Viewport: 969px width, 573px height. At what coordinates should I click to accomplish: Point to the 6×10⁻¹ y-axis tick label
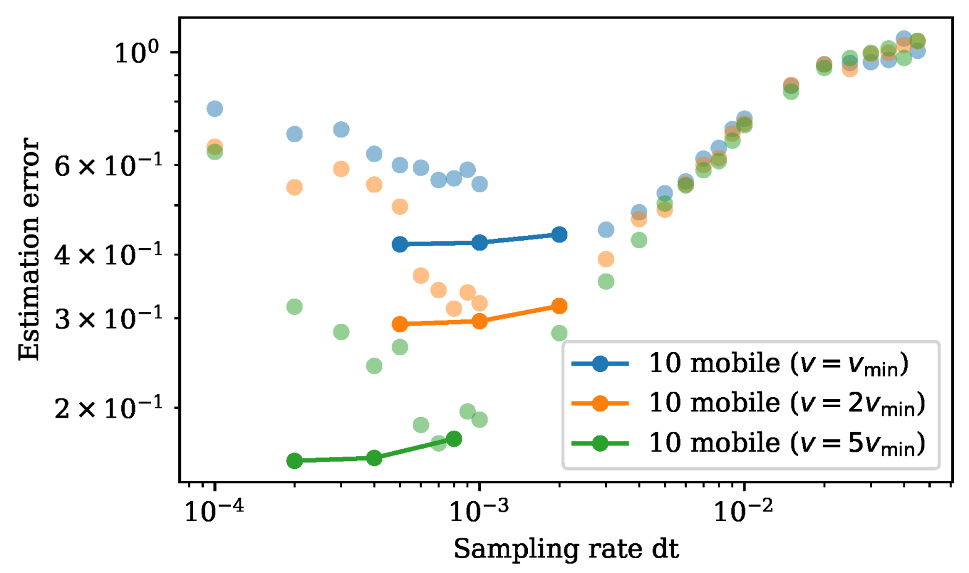coord(108,165)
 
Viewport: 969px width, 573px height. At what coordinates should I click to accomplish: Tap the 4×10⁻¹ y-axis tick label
coord(108,254)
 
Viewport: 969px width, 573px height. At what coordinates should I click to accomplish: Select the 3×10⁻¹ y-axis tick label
coord(108,319)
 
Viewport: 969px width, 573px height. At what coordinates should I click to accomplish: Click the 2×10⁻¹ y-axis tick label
coord(108,408)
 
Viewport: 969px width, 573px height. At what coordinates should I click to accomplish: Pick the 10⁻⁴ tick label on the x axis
coord(214,511)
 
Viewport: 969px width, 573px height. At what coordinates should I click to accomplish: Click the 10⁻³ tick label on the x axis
coord(479,511)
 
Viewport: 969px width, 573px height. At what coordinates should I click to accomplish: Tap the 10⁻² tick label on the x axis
coord(743,511)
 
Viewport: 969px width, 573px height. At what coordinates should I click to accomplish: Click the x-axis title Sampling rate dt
coord(566,549)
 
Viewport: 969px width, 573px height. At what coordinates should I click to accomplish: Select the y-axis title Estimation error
coord(28,249)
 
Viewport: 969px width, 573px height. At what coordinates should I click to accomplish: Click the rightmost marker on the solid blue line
coord(559,235)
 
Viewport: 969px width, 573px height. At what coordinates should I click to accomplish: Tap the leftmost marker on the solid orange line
coord(400,324)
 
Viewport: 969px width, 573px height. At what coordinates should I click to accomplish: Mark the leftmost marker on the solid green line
coord(295,460)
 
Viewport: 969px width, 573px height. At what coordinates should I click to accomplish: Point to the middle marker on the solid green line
coord(374,458)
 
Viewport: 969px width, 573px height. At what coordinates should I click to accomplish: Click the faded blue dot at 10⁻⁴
coord(215,109)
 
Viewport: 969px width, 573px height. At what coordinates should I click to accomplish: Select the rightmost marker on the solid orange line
coord(559,306)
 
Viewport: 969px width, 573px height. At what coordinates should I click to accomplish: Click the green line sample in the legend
coord(600,443)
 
